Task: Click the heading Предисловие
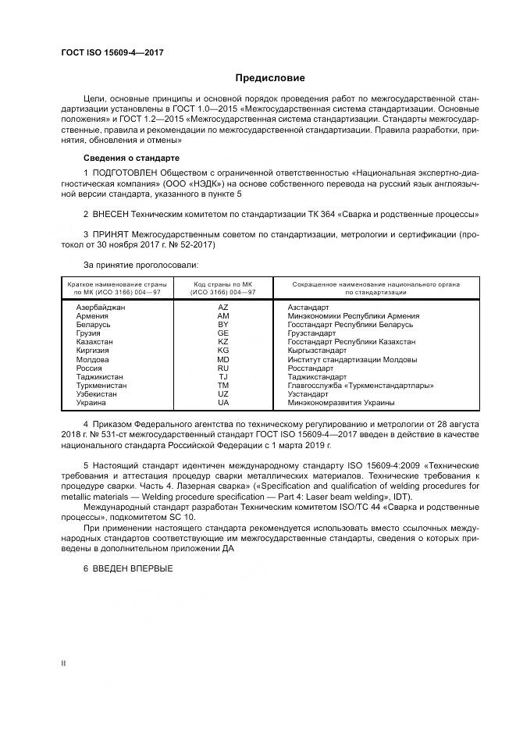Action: (x=270, y=78)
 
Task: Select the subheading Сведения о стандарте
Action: (x=132, y=158)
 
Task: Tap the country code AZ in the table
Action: (x=223, y=308)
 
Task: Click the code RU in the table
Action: (x=223, y=368)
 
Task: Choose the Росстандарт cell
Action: (x=311, y=368)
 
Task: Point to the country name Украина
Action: (x=91, y=403)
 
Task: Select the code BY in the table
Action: (x=223, y=325)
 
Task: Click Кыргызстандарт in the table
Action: (x=317, y=351)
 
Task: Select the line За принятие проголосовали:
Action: (x=135, y=265)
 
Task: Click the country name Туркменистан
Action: (x=101, y=386)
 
